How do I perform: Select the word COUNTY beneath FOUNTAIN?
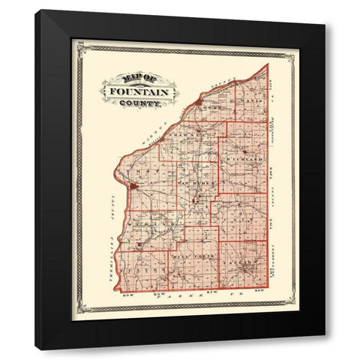(144, 103)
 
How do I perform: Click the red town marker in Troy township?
(132, 185)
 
